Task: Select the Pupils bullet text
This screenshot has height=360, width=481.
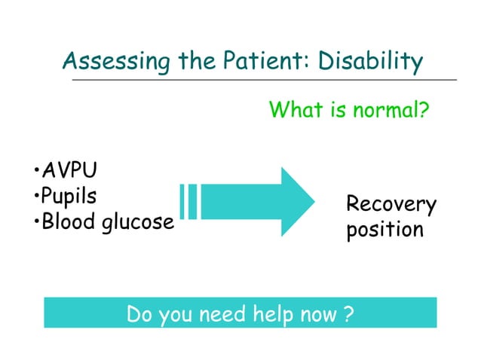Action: [69, 196]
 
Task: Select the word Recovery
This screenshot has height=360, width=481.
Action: [391, 204]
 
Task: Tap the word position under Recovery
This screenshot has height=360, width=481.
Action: [384, 230]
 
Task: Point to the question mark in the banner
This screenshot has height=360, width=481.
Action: [348, 313]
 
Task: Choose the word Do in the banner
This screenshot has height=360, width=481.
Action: [139, 313]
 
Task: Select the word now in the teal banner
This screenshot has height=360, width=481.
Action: [316, 313]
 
